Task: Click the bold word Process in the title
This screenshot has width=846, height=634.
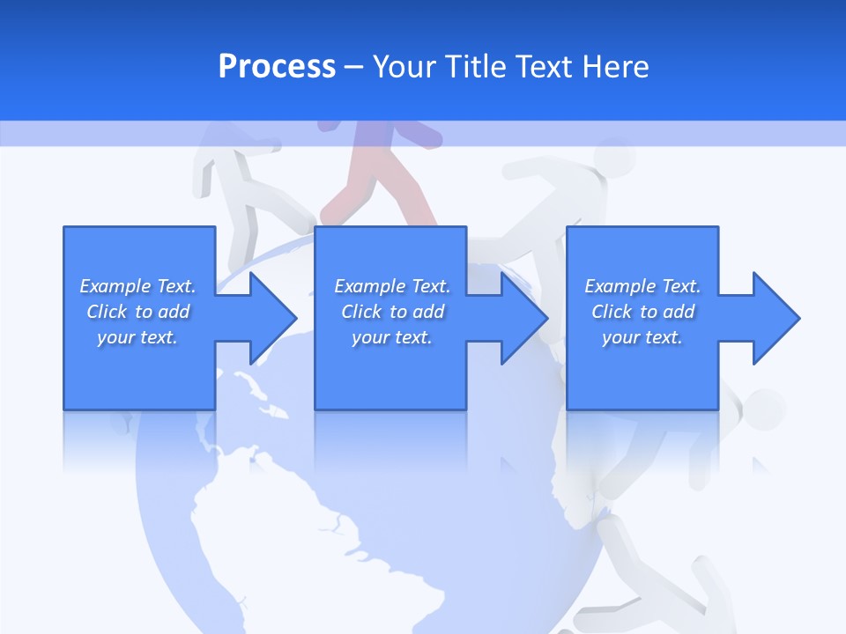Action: (277, 67)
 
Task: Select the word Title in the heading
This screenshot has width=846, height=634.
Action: (475, 67)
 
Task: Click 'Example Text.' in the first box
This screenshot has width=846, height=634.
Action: (137, 286)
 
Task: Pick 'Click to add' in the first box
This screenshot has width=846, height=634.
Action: (138, 312)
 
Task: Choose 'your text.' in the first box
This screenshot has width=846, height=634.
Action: (137, 337)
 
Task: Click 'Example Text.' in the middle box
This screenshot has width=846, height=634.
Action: (392, 286)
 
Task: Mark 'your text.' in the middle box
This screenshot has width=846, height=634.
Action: (392, 337)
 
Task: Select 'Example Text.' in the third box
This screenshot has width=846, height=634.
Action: (642, 286)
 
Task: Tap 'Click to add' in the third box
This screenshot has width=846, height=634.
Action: (643, 312)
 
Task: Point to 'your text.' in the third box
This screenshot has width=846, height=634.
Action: (642, 337)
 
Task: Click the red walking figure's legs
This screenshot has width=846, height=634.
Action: (379, 189)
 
